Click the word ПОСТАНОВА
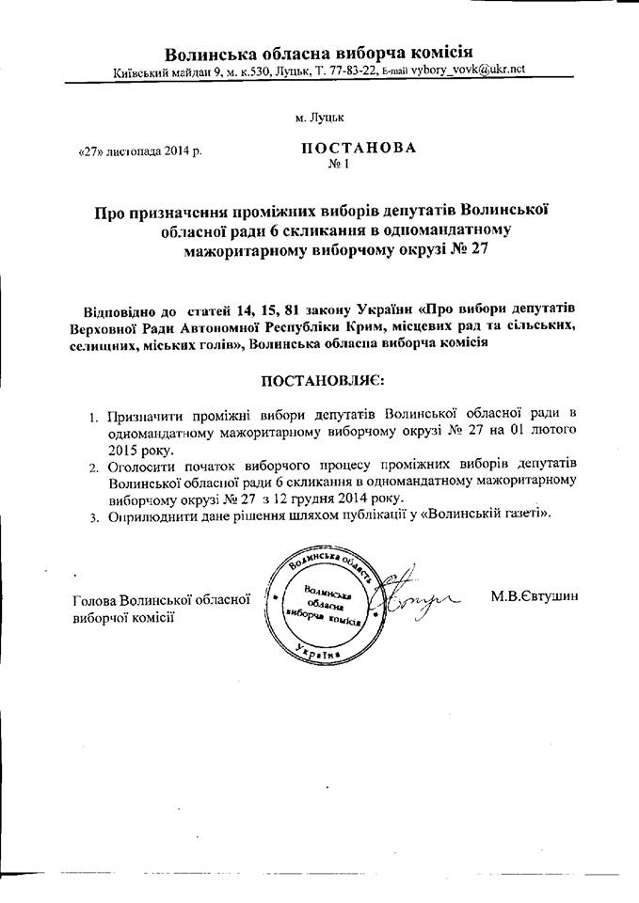point(358,149)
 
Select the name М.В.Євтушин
point(534,596)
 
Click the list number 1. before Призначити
point(93,415)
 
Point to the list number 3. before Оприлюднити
point(93,516)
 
